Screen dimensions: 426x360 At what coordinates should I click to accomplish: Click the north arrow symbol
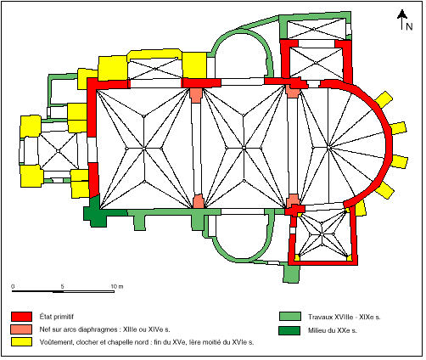402,20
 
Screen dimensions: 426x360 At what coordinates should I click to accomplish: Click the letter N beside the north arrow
409,26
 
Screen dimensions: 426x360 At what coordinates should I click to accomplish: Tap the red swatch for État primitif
21,317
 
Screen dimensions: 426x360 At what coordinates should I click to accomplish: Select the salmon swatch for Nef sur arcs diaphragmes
21,329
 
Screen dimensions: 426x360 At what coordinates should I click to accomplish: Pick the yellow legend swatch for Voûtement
21,341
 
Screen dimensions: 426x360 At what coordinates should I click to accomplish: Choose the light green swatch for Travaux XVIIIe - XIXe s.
290,317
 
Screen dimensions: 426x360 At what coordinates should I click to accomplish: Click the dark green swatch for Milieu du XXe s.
289,330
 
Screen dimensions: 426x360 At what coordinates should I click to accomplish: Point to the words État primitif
57,317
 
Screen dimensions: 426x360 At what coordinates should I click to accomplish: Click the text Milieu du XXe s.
333,330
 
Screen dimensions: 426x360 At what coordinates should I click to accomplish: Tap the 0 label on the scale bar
13,286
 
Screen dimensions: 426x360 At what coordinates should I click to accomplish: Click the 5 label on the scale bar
62,286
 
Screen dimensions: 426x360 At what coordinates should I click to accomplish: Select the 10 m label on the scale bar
117,286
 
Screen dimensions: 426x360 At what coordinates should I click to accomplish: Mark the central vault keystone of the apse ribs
328,148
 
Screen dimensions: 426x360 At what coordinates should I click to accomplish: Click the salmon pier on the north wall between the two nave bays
196,95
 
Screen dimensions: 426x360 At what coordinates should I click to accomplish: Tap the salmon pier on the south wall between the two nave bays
199,201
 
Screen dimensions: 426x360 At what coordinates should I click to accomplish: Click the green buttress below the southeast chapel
291,273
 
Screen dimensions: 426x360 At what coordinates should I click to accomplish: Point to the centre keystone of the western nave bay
143,149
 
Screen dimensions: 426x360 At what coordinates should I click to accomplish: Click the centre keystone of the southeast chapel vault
322,234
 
